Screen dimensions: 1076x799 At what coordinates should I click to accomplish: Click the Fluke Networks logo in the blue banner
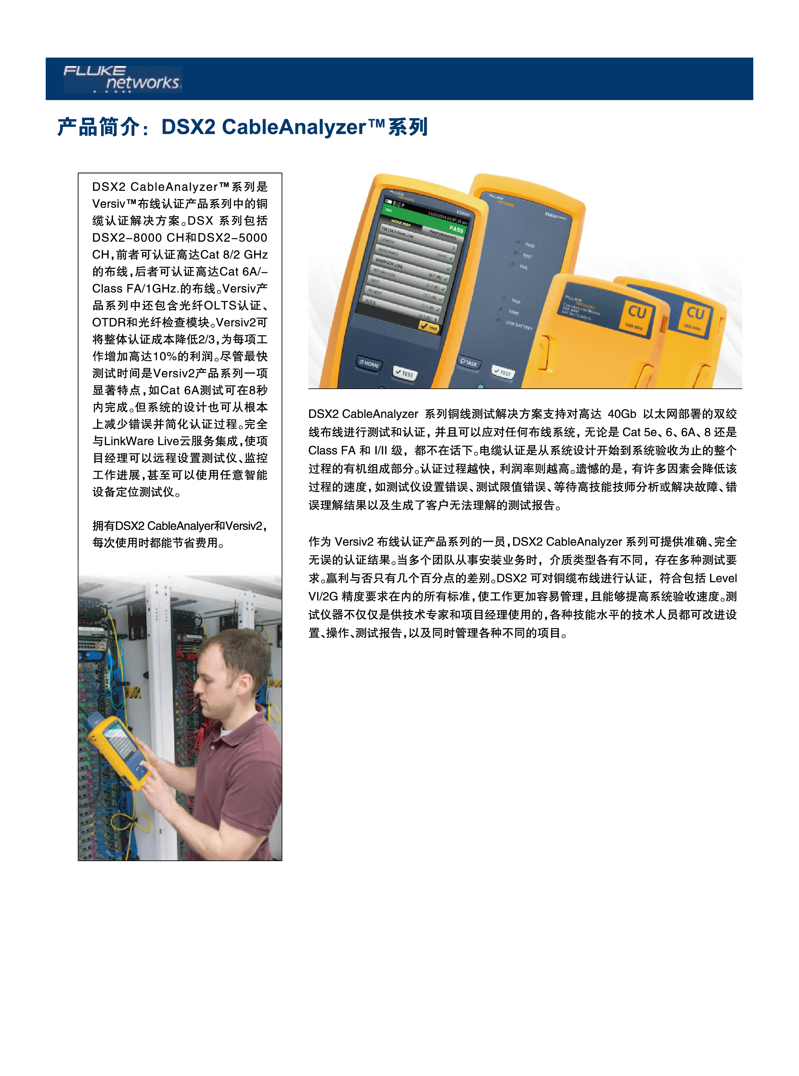pyautogui.click(x=122, y=78)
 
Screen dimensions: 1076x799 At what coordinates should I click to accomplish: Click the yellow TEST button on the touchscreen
pyautogui.click(x=429, y=327)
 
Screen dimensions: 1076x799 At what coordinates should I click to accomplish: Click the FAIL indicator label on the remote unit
pyautogui.click(x=523, y=267)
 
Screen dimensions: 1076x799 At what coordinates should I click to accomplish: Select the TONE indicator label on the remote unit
pyautogui.click(x=513, y=312)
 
